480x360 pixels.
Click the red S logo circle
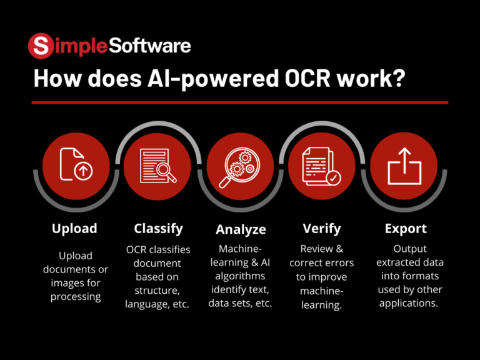41,46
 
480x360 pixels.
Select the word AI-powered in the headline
198,80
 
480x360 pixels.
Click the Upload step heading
74,228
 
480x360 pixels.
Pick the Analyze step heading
241,229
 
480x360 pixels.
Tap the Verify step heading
321,228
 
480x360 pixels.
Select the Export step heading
406,228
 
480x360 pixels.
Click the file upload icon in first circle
75,164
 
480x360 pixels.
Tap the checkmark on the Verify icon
334,178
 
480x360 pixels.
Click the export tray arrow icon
405,165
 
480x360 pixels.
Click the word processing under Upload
76,296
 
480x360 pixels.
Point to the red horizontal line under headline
240,102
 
